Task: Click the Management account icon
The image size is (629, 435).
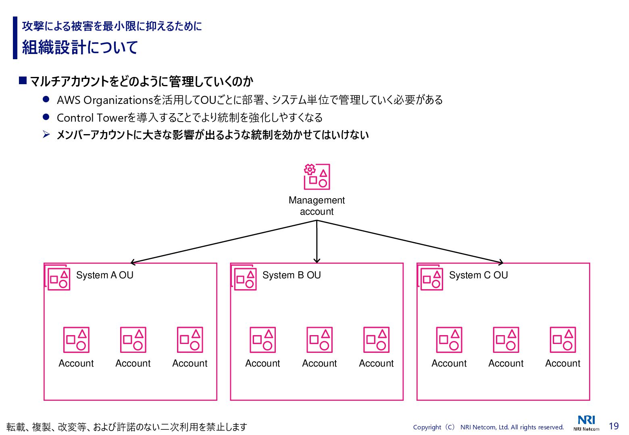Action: pos(317,176)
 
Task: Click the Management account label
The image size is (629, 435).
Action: pos(317,206)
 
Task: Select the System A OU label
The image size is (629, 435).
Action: pos(104,275)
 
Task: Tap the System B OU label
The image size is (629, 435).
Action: pos(292,275)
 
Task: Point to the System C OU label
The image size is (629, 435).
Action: pos(478,275)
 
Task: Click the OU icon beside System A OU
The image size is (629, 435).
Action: pos(58,278)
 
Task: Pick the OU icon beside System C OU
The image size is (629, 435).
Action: pos(431,278)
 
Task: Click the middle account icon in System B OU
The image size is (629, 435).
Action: pos(320,340)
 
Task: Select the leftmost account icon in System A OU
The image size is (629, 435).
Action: pos(76,340)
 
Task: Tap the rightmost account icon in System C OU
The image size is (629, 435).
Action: pos(563,340)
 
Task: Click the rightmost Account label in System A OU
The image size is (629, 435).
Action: pos(190,363)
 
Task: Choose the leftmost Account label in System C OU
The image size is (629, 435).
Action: pos(449,363)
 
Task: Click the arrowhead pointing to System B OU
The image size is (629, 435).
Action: pos(317,261)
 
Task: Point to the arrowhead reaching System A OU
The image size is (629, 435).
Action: pos(133,262)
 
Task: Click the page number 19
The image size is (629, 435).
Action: pos(614,426)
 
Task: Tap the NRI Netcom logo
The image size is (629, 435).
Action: pos(586,423)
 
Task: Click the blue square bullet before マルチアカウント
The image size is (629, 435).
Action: pos(23,81)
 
